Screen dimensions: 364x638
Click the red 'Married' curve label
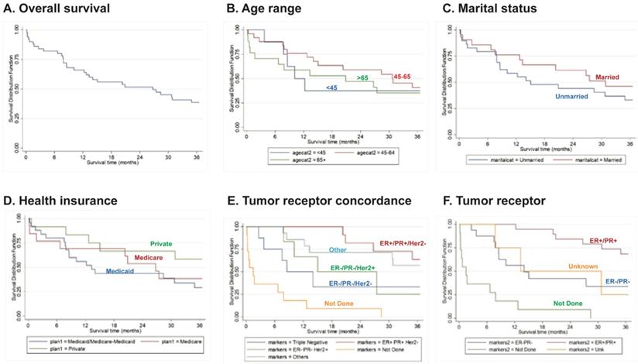(609, 77)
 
